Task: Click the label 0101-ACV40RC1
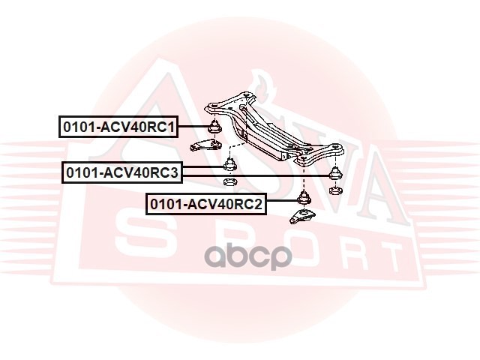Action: click(x=118, y=128)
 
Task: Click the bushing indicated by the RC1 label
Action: click(x=214, y=127)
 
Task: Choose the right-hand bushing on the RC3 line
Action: click(x=334, y=173)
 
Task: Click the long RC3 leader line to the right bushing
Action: click(x=277, y=175)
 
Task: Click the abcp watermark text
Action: click(x=249, y=257)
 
